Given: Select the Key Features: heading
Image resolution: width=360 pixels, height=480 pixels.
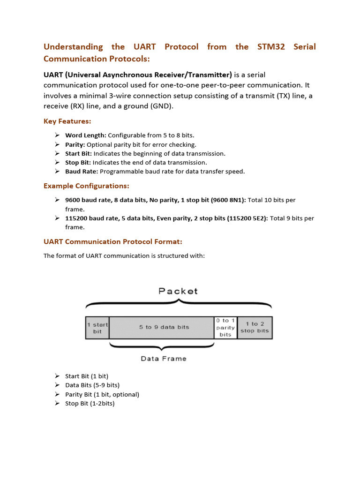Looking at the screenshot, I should click(x=67, y=121).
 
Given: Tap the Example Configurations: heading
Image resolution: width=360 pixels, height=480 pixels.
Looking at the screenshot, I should click(x=86, y=186).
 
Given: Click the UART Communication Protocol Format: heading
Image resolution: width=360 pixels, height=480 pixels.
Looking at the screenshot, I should click(x=112, y=242).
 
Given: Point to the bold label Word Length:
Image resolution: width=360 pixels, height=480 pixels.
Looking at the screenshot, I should click(x=85, y=135).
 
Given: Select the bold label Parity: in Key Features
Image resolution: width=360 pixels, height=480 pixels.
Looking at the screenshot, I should click(x=75, y=144).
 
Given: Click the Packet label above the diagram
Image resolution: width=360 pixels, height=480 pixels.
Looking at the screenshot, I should click(x=178, y=291).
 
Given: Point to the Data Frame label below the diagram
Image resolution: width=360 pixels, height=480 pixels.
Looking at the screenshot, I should click(x=164, y=359).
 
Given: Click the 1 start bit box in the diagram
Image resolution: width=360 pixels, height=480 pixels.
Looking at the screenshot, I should click(x=97, y=328).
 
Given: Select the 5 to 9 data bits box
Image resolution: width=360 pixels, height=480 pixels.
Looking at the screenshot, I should click(x=164, y=327).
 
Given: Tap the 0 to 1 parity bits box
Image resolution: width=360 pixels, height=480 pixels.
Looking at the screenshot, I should click(x=225, y=328).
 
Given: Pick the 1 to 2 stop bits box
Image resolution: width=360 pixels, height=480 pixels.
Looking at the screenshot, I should click(x=255, y=327).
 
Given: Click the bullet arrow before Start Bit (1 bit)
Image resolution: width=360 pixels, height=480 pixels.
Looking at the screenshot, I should click(x=57, y=376).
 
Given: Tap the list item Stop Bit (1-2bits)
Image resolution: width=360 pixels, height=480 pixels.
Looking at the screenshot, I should click(x=90, y=404).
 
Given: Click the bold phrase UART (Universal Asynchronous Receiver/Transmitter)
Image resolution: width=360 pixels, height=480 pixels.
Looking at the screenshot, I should click(x=138, y=75).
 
